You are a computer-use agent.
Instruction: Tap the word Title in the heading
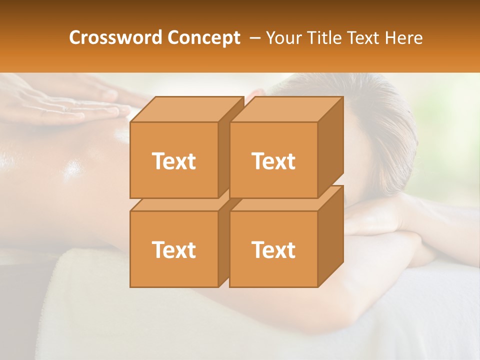click(x=324, y=37)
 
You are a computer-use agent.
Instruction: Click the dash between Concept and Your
click(x=254, y=38)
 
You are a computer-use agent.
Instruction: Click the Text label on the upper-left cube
click(x=173, y=161)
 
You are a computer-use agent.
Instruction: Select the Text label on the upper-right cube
click(x=273, y=161)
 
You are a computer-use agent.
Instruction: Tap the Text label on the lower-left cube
click(x=173, y=249)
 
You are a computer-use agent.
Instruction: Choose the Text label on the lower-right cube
click(x=273, y=249)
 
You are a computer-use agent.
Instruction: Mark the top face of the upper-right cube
click(x=285, y=109)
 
